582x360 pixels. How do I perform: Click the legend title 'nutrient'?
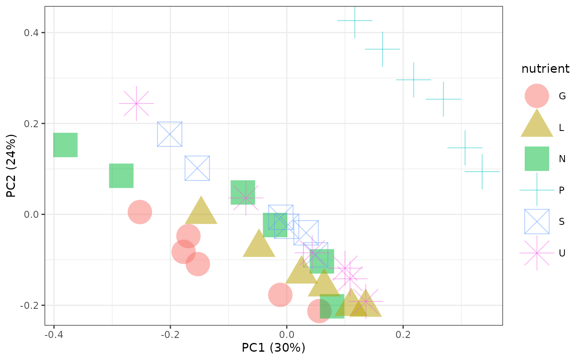coord(545,69)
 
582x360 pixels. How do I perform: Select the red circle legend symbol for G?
coord(537,96)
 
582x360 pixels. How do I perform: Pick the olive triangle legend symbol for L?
coord(537,125)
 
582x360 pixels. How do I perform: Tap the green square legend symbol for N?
coord(537,158)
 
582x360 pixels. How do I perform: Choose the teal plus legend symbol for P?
coord(537,190)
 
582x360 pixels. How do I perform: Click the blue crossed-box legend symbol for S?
coord(537,221)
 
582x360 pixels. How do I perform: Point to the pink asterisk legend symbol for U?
coord(537,253)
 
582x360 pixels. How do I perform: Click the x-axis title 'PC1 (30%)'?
coord(274,348)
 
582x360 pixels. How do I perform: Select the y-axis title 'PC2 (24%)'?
coord(11,165)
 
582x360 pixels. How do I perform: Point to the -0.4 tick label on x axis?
coord(54,335)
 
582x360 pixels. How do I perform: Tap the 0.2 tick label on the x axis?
coord(403,335)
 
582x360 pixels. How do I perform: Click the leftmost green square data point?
coord(65,145)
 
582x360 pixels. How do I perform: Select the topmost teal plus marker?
coord(355,20)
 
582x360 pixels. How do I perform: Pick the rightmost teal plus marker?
coord(482,172)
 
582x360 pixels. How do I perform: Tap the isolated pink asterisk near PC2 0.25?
coord(136,103)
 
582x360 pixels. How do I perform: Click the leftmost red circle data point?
coord(140,212)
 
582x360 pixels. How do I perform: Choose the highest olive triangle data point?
coord(201,211)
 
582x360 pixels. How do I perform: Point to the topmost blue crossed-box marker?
coord(170,134)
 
